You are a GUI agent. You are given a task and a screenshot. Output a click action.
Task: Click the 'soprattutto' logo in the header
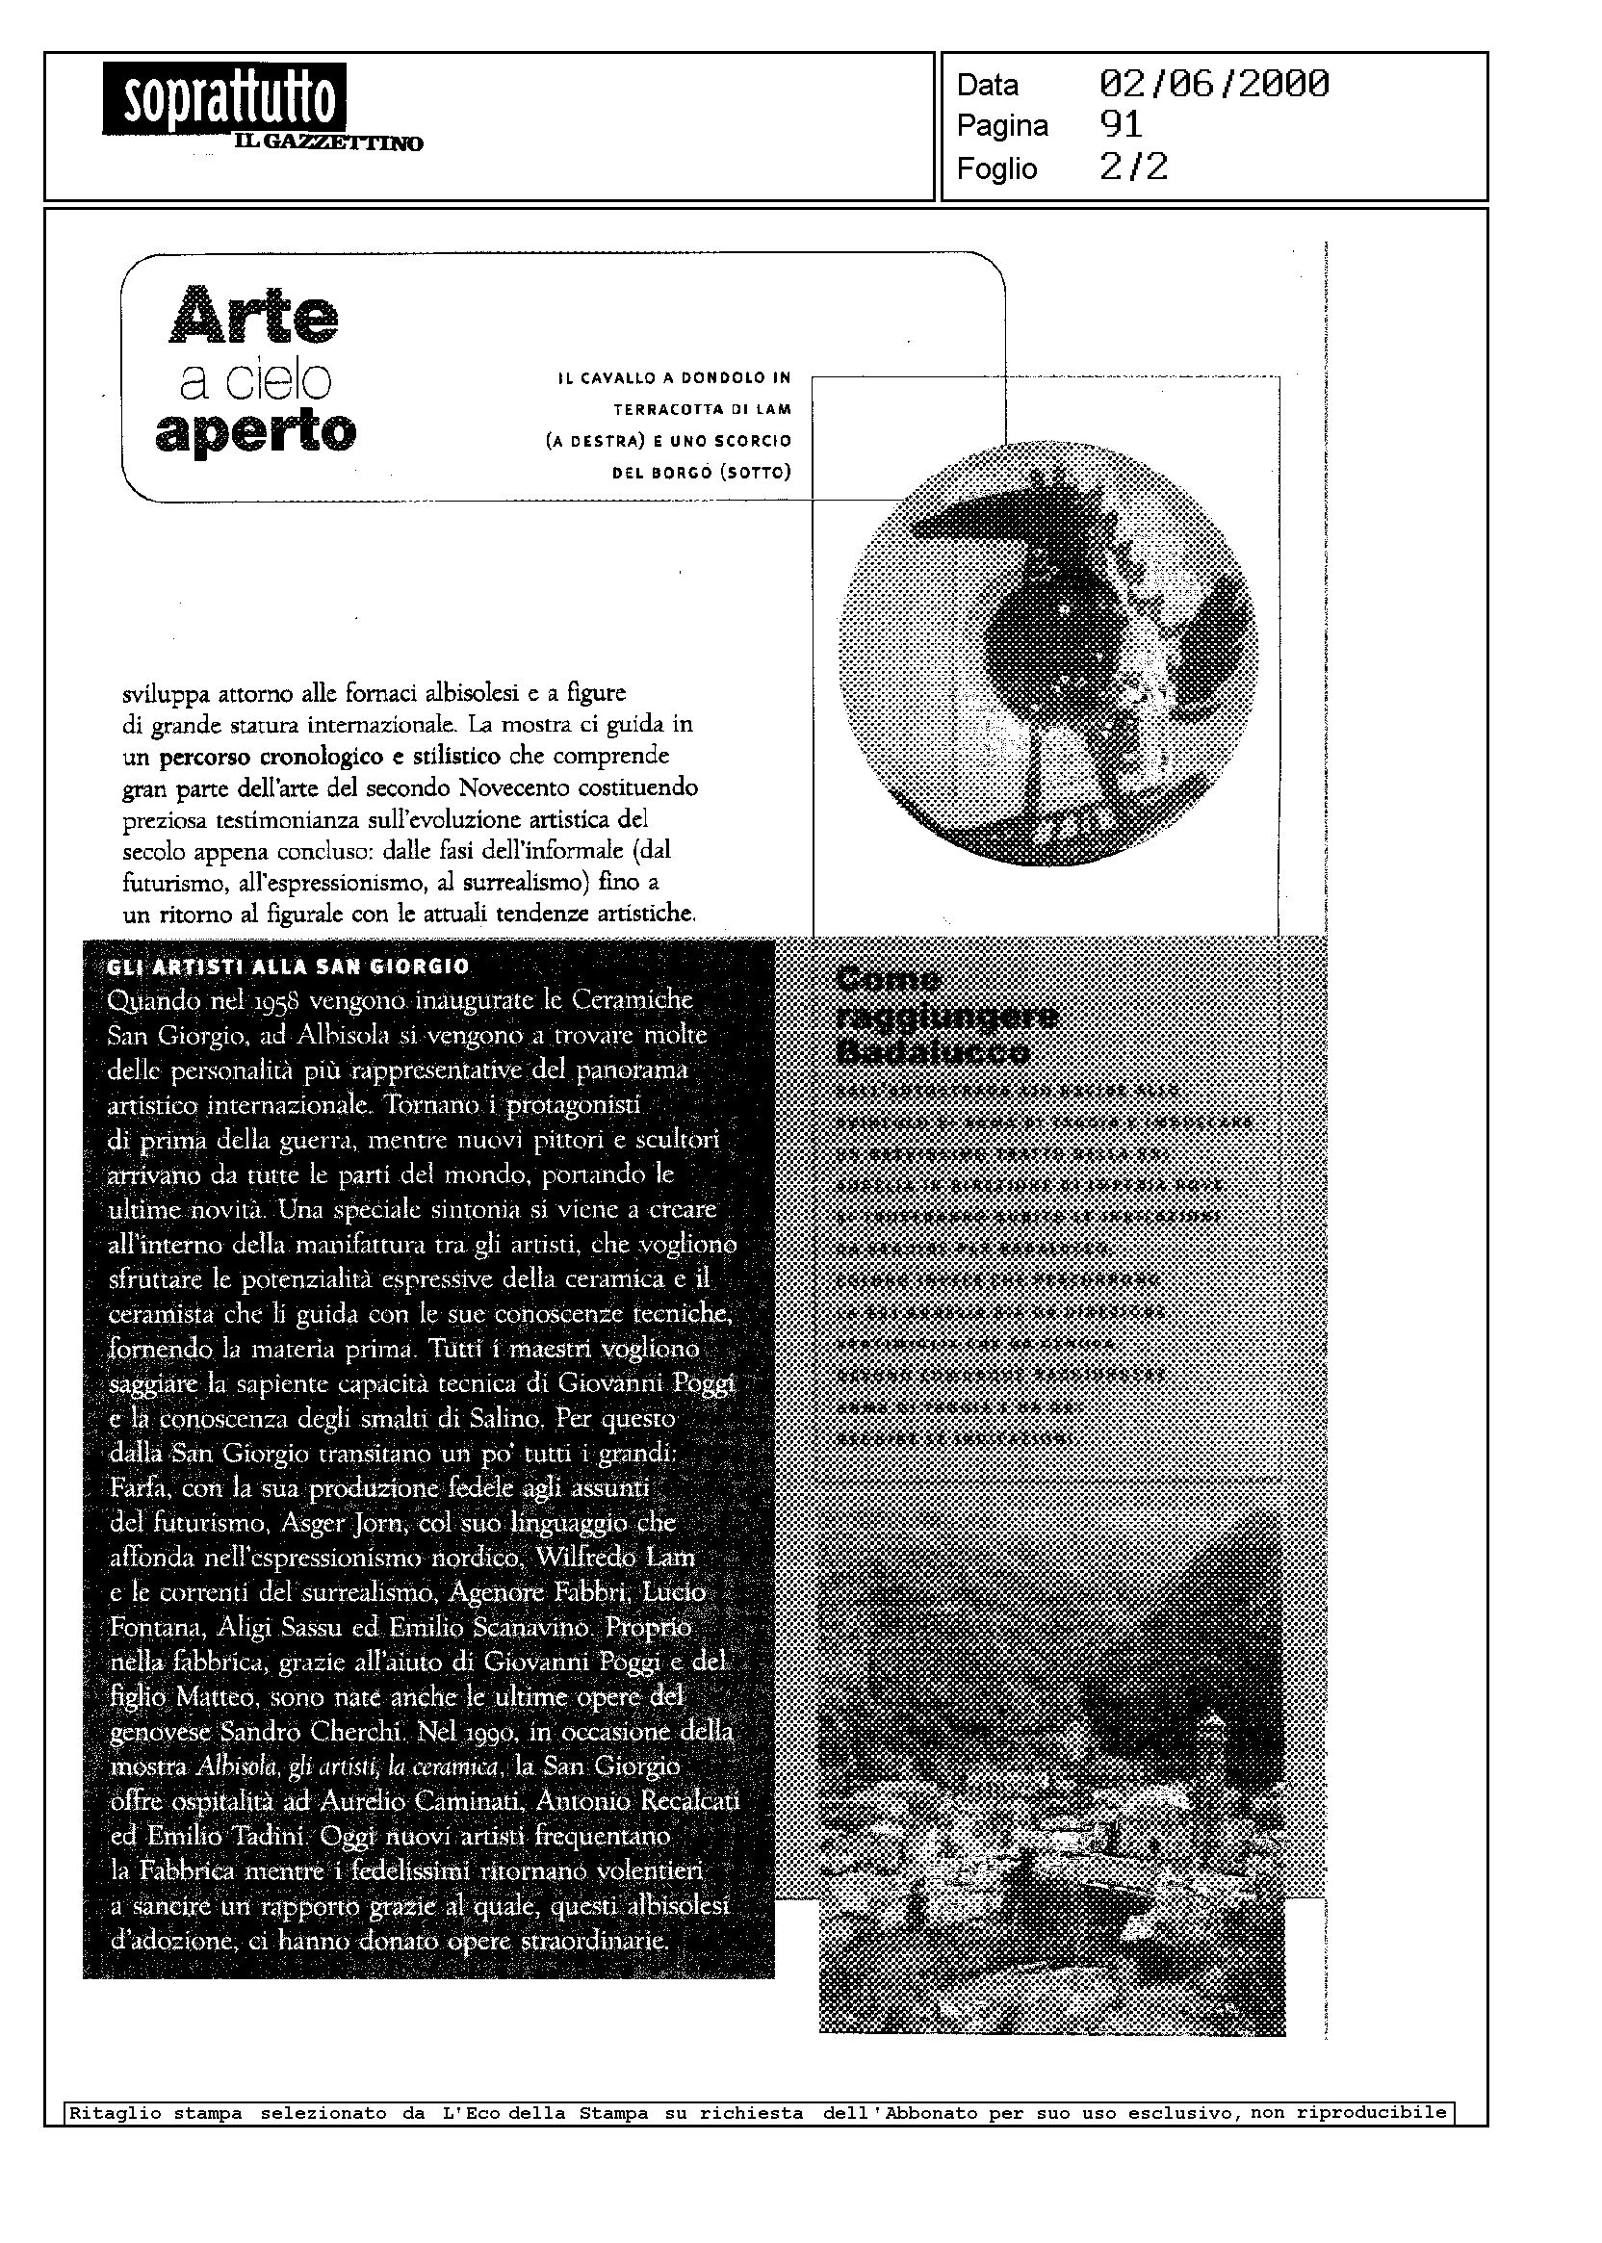pos(224,98)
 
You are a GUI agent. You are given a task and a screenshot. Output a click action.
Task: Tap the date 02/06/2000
pos(1213,84)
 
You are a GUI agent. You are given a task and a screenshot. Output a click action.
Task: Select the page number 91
pos(1121,125)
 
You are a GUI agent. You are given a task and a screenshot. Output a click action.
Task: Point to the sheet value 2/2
pos(1133,167)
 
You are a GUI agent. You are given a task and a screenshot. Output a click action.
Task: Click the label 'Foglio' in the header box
pos(996,168)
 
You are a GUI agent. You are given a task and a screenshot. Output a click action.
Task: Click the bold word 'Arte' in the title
pos(254,315)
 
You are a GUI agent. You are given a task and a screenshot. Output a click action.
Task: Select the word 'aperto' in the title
pos(255,431)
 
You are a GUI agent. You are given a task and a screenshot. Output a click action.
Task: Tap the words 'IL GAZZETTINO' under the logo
pos(328,144)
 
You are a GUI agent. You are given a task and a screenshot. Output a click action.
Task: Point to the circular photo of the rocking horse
pos(1047,653)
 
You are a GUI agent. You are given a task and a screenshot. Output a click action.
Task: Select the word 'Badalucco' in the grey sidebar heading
pos(932,1051)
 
